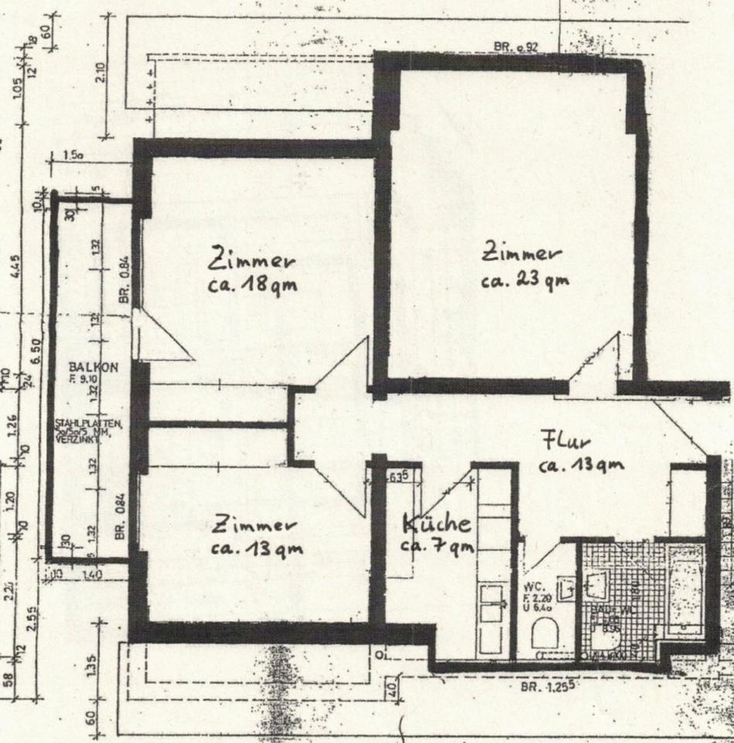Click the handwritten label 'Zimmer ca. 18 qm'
[253, 270]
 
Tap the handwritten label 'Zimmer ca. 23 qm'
[524, 265]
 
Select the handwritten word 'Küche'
[437, 524]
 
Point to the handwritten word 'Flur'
[567, 443]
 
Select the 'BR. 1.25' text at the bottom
[551, 687]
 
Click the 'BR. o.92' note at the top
[516, 47]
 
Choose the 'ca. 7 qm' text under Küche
[435, 546]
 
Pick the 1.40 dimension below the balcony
[93, 574]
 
